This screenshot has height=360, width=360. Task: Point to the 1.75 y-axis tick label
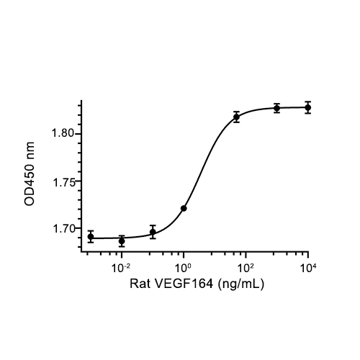(64, 183)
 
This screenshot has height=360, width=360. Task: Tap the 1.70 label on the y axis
(64, 229)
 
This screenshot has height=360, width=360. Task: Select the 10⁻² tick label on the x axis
(121, 268)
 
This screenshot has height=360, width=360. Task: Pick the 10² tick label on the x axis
(246, 268)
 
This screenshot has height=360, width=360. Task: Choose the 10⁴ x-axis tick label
(308, 268)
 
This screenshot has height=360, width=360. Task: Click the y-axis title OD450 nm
(30, 174)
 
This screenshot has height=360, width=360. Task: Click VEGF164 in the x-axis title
(184, 284)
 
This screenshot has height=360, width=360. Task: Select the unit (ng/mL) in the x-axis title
(240, 284)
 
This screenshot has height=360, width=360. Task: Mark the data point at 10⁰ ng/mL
(184, 208)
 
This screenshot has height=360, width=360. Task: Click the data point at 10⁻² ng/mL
(122, 241)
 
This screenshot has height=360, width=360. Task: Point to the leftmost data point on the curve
(91, 237)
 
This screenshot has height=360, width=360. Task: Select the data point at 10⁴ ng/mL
(308, 107)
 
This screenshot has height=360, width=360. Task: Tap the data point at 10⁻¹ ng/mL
(153, 232)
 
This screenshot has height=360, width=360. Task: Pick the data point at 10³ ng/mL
(277, 108)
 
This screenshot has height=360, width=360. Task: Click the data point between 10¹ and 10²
(237, 117)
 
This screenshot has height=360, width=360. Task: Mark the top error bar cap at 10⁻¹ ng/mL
(153, 225)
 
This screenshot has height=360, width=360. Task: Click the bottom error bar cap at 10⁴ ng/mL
(308, 113)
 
